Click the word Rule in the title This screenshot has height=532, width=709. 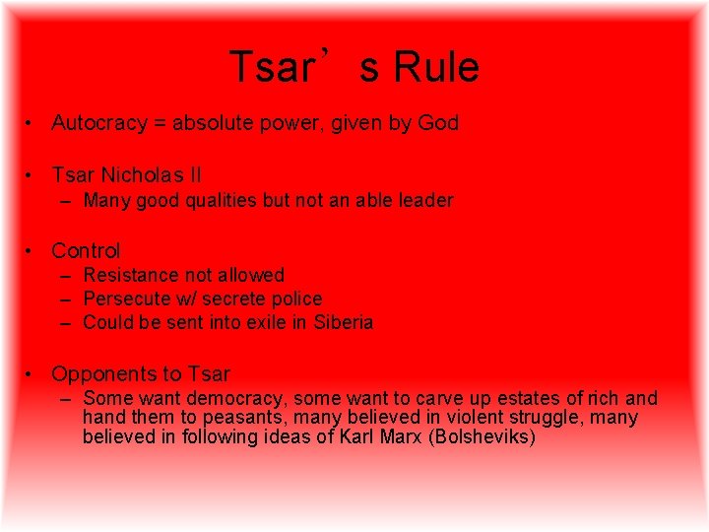(436, 68)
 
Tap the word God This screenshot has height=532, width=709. (438, 123)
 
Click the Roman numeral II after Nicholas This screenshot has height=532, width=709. (194, 175)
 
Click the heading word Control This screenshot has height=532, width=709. (86, 250)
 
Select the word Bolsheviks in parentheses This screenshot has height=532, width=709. (483, 436)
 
